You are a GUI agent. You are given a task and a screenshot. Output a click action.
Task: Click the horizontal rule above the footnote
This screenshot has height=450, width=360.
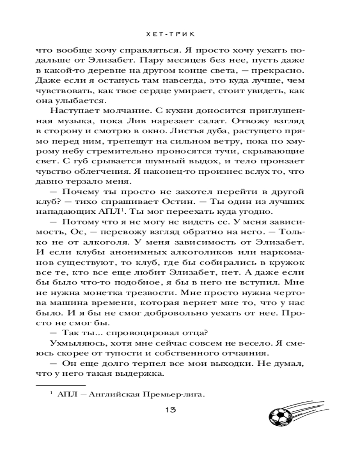(60, 386)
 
